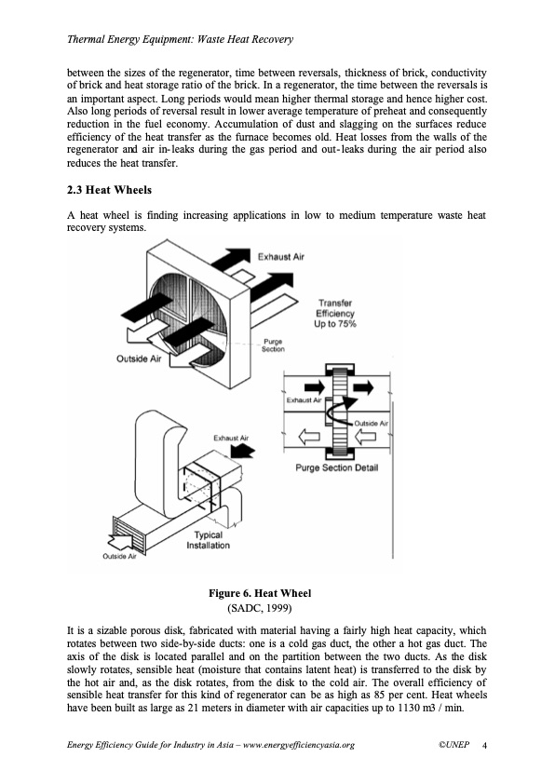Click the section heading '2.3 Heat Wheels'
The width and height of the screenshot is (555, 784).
click(109, 190)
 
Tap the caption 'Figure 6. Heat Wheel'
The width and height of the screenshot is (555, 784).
click(260, 593)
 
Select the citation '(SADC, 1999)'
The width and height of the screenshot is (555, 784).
click(260, 608)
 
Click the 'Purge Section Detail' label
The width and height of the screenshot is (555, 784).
click(336, 467)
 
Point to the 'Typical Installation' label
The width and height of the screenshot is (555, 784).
click(208, 540)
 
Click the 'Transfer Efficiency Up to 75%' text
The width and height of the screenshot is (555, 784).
click(335, 314)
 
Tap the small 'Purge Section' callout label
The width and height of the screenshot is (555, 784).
click(273, 345)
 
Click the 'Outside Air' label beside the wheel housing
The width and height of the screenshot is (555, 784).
click(139, 358)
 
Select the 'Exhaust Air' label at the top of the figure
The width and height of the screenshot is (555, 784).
click(281, 256)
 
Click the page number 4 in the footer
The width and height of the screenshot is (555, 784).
click(484, 745)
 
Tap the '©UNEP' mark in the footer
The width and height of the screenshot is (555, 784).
click(454, 745)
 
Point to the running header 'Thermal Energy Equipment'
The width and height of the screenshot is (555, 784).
click(128, 39)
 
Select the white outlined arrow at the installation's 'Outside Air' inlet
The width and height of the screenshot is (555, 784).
click(120, 541)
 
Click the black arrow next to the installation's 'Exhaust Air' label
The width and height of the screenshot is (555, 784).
click(242, 452)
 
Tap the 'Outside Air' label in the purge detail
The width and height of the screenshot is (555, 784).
click(371, 423)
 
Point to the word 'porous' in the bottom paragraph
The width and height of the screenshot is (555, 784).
click(169, 631)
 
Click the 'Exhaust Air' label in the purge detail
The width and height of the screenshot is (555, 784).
click(304, 400)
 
